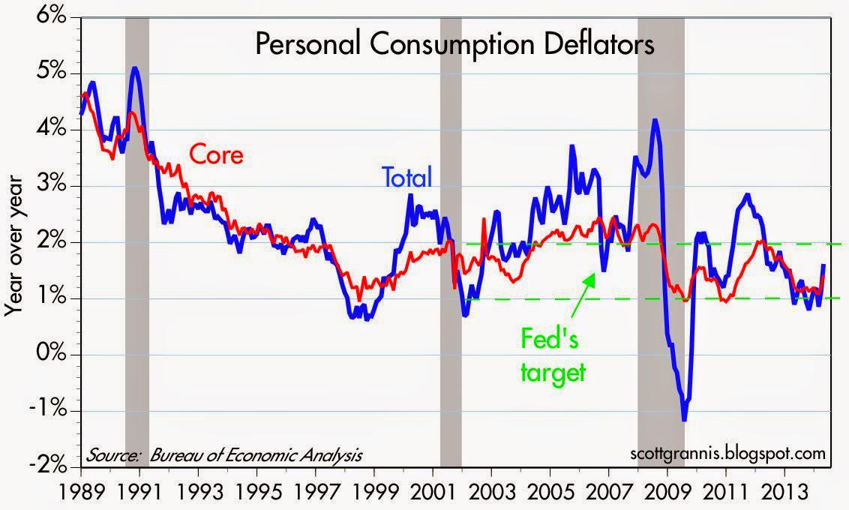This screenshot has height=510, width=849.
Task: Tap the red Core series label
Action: (x=216, y=155)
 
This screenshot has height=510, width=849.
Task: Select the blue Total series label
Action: (x=407, y=178)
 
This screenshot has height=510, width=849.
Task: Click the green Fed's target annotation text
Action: (x=553, y=356)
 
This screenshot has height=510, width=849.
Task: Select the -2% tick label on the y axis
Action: (x=46, y=466)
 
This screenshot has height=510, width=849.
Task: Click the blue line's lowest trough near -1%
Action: (x=684, y=419)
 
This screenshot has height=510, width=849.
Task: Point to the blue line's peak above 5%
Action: (x=134, y=69)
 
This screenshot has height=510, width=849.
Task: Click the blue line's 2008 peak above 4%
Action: (x=655, y=120)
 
